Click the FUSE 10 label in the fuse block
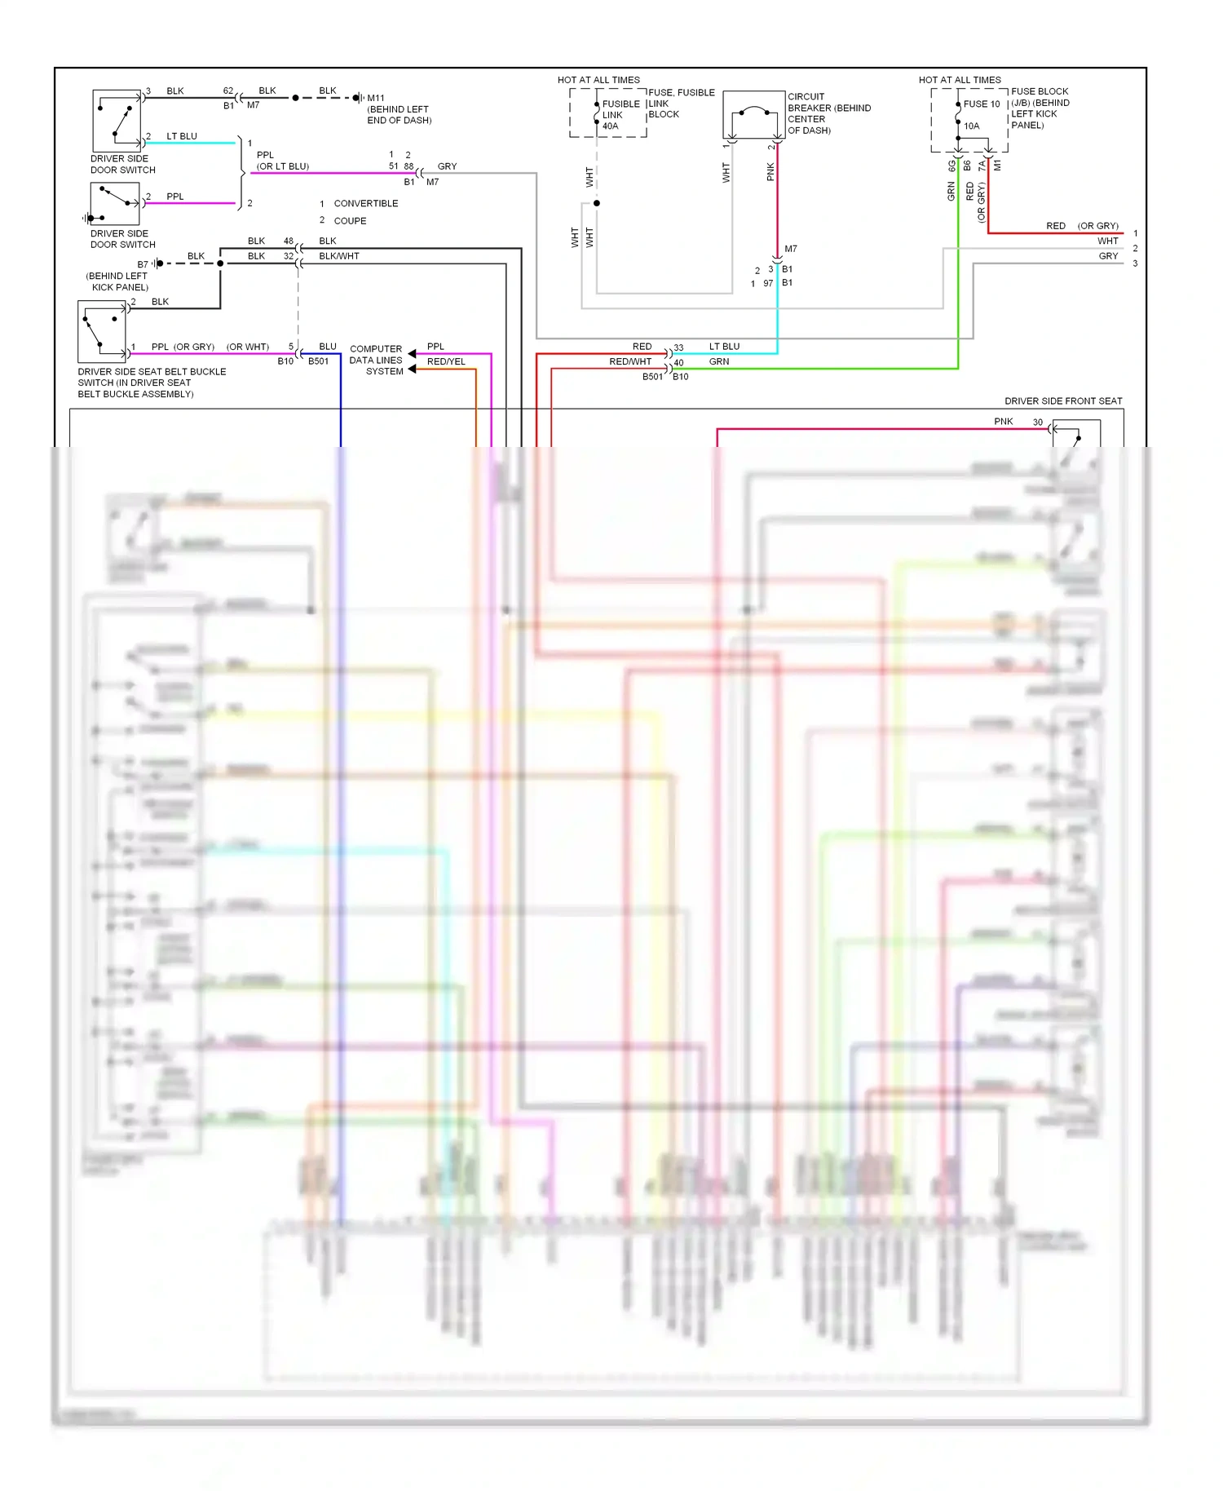pyautogui.click(x=981, y=104)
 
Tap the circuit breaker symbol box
pyautogui.click(x=753, y=115)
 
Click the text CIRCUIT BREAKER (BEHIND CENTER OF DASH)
pyautogui.click(x=828, y=113)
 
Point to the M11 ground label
pyautogui.click(x=376, y=98)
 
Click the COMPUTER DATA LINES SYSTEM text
pyautogui.click(x=376, y=360)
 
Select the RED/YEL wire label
pyautogui.click(x=446, y=361)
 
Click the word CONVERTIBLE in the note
pyautogui.click(x=366, y=204)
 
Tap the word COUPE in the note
pyautogui.click(x=350, y=221)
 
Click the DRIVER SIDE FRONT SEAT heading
pyautogui.click(x=1062, y=401)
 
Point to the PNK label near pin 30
pyautogui.click(x=1003, y=422)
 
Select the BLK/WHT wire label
pyautogui.click(x=339, y=256)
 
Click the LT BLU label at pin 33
pyautogui.click(x=724, y=347)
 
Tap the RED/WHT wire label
pyautogui.click(x=630, y=361)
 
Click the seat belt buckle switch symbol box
pyautogui.click(x=102, y=331)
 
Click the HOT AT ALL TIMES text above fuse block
pyautogui.click(x=960, y=80)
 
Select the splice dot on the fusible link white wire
pyautogui.click(x=597, y=203)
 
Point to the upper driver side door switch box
pyautogui.click(x=117, y=121)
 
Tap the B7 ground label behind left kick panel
pyautogui.click(x=143, y=264)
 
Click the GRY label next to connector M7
pyautogui.click(x=447, y=166)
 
